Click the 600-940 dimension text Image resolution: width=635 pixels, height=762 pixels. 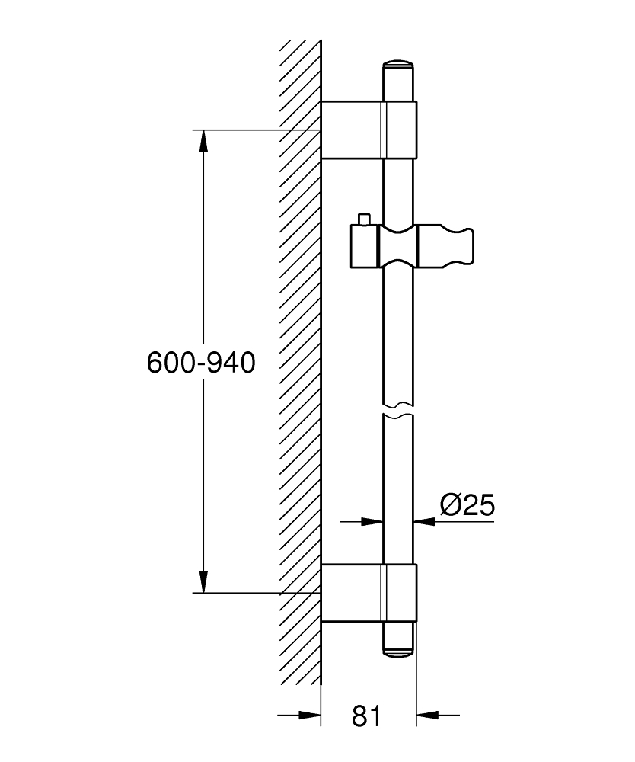click(201, 363)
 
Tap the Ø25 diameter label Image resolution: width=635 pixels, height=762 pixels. click(467, 505)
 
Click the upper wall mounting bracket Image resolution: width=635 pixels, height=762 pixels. click(369, 130)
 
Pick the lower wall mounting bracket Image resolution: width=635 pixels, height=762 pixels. click(369, 593)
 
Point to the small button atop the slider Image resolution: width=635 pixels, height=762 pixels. click(364, 219)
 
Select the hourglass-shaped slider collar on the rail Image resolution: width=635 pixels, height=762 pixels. click(398, 246)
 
